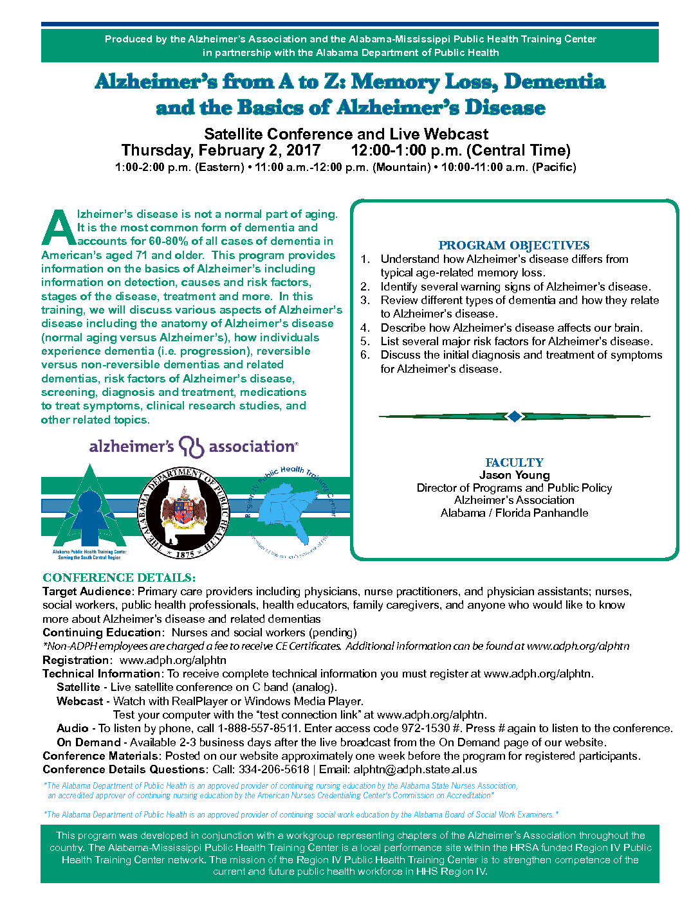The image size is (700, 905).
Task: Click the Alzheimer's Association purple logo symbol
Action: [x=192, y=446]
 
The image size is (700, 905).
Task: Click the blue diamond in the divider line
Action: [x=514, y=417]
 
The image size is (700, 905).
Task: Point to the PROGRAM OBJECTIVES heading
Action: [x=513, y=246]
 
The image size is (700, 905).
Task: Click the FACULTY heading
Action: [x=514, y=463]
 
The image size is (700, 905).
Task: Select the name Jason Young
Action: [x=514, y=475]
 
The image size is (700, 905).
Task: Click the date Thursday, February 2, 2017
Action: [x=221, y=150]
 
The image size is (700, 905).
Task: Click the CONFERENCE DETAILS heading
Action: [x=119, y=578]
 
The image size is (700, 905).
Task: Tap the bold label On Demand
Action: [x=88, y=742]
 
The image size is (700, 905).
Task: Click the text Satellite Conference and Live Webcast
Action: [x=346, y=134]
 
